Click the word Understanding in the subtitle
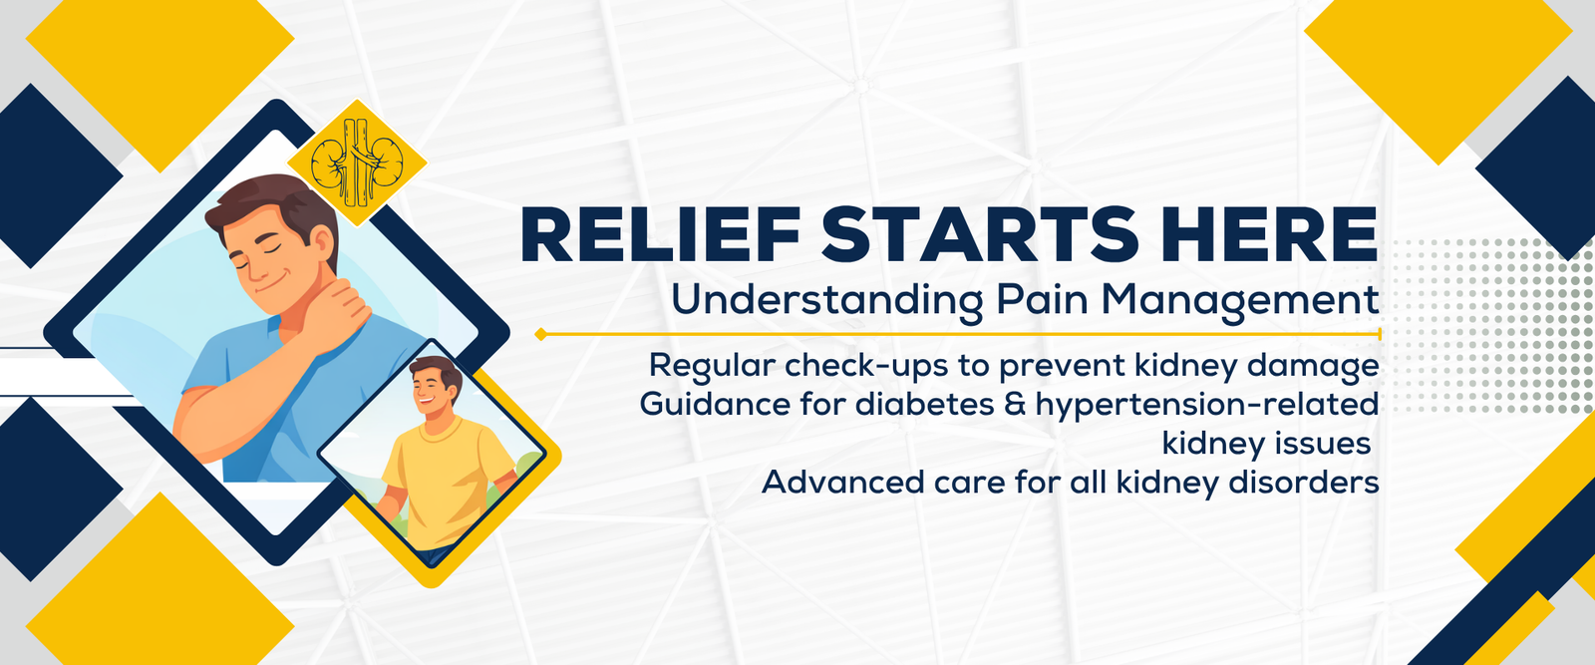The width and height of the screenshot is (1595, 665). (x=826, y=300)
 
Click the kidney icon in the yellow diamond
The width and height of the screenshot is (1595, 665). (x=357, y=163)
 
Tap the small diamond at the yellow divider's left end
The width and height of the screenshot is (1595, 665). (x=541, y=334)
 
